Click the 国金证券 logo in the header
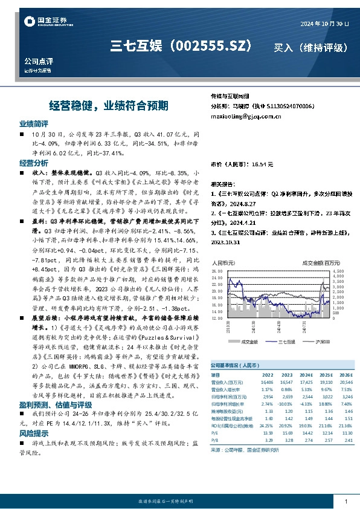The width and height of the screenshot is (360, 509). point(46,22)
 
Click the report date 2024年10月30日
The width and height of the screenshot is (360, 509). point(324,23)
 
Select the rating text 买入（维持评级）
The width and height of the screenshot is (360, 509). point(310,47)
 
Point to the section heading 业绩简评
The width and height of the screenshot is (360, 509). point(33,123)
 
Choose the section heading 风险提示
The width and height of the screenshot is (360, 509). point(33,433)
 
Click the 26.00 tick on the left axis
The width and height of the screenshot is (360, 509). point(217,271)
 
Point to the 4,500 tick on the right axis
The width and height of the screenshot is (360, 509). point(338,271)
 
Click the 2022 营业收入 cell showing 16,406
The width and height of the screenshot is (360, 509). point(266,382)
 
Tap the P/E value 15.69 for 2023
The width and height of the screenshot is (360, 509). point(286,433)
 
